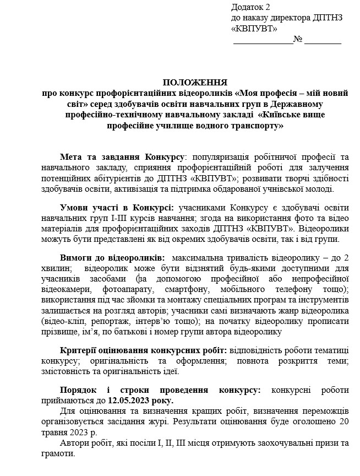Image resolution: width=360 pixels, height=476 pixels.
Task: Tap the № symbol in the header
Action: [298, 39]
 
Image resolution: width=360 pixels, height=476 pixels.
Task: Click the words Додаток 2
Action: [251, 7]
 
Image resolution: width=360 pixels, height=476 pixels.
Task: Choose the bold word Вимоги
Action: [77, 257]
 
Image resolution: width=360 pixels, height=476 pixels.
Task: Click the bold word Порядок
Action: [79, 390]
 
